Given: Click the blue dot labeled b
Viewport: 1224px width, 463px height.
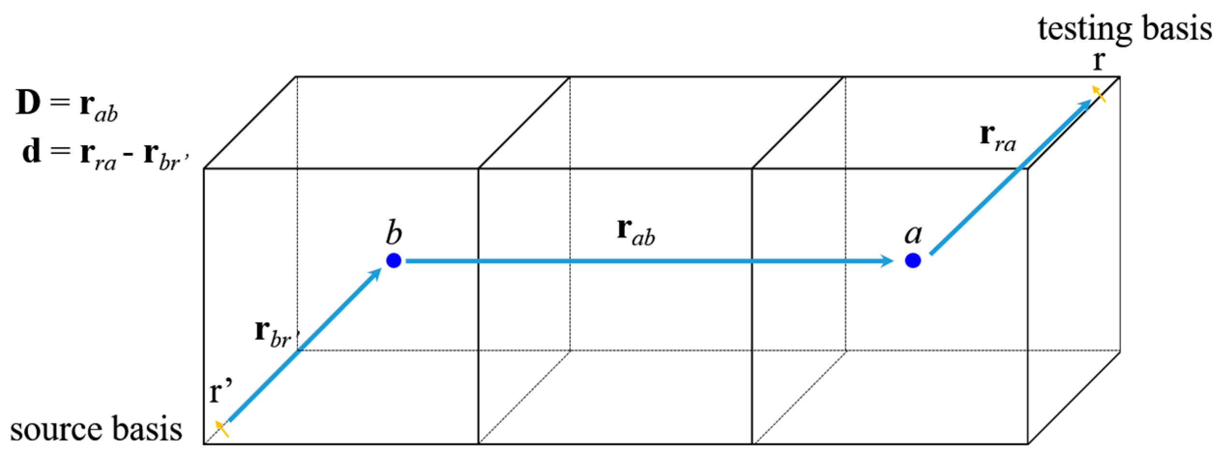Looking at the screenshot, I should point(394,261).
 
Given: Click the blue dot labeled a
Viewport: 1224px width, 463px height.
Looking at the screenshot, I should point(913,261).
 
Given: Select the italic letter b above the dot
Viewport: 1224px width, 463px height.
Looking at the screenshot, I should point(394,233).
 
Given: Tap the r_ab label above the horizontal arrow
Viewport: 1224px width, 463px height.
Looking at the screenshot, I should point(636,232).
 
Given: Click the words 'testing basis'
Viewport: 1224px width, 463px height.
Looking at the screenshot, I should point(1124,29).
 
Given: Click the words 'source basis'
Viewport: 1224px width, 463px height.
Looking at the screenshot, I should point(96,429).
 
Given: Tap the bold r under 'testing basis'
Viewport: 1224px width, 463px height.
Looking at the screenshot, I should point(1099,62).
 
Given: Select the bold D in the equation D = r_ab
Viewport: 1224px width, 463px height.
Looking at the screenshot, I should point(28,103).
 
